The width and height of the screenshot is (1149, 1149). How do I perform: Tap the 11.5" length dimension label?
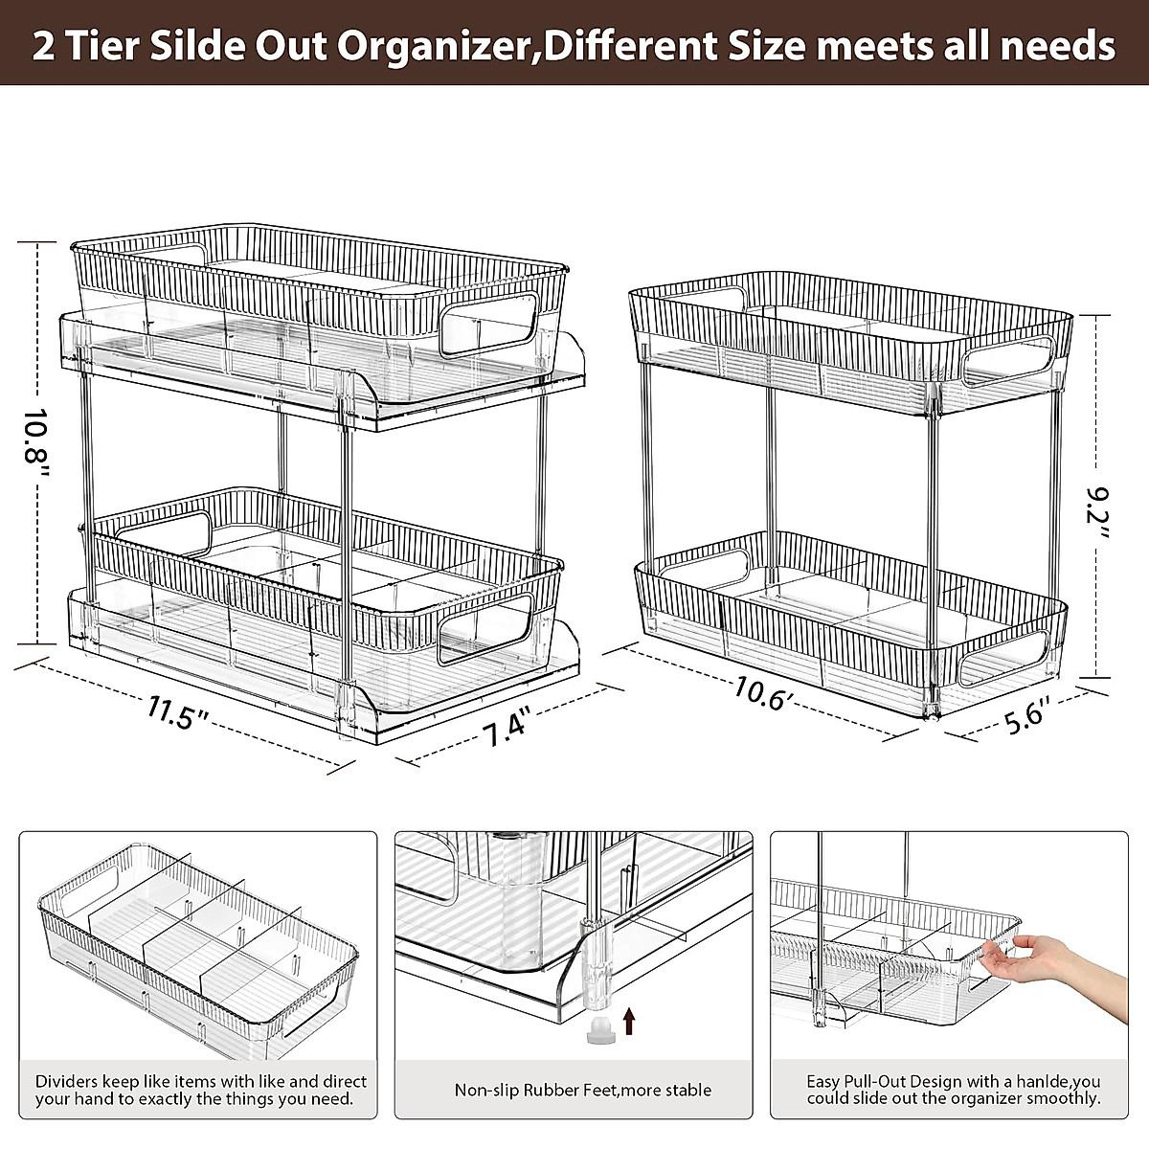tap(179, 714)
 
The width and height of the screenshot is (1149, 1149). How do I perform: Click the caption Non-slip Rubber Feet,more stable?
tap(582, 1090)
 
